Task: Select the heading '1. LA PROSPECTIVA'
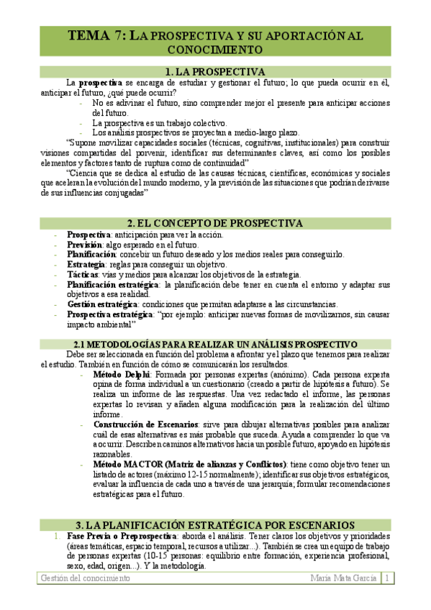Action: point(215,72)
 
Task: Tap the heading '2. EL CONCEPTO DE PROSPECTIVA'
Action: point(215,223)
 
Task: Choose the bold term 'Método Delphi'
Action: point(122,375)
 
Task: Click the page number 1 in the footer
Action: point(387,578)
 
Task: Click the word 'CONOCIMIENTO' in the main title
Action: point(215,50)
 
